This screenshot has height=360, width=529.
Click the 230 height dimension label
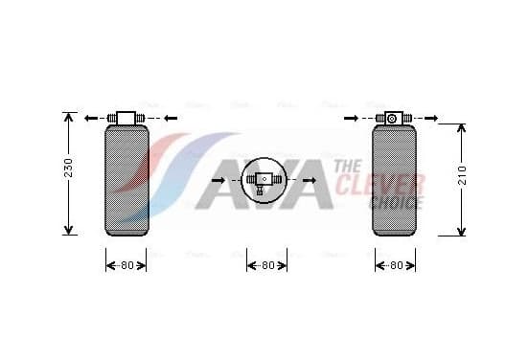[x=68, y=168]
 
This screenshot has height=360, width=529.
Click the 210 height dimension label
[x=462, y=175]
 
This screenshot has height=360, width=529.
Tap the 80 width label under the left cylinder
[x=127, y=265]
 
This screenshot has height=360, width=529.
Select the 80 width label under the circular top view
[x=268, y=265]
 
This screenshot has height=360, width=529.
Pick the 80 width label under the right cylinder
[x=397, y=265]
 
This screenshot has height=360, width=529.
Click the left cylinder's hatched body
[x=126, y=180]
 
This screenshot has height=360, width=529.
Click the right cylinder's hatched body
[x=394, y=180]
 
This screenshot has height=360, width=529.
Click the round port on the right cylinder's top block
[x=391, y=119]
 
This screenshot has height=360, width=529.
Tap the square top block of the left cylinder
[x=126, y=118]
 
